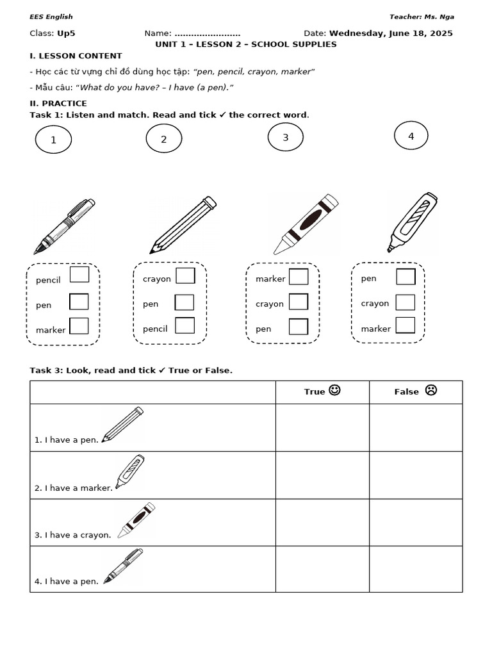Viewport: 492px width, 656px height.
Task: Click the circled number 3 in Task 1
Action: [285, 138]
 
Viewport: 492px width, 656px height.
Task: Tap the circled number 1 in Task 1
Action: [53, 140]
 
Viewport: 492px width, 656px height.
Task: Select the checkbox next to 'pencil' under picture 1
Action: [79, 275]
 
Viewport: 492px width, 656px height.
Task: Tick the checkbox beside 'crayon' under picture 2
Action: [185, 276]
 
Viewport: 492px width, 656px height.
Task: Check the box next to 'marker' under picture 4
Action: [405, 325]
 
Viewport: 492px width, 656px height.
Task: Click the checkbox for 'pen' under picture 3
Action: [299, 327]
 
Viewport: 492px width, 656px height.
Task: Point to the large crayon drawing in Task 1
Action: [306, 224]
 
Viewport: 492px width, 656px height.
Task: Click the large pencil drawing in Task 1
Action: [183, 225]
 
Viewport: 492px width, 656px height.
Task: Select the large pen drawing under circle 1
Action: [64, 227]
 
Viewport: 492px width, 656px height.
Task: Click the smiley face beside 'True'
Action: [334, 390]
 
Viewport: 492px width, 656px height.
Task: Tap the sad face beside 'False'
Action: [430, 390]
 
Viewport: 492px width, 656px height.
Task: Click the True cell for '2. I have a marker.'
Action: [322, 475]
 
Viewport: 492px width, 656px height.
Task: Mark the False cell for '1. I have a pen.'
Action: [416, 428]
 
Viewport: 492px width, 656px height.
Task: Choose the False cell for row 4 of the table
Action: [416, 569]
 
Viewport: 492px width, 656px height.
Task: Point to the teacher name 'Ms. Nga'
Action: [442, 17]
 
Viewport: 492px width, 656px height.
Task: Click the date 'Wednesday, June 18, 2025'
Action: [391, 33]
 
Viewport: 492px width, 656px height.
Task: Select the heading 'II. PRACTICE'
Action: [58, 103]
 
